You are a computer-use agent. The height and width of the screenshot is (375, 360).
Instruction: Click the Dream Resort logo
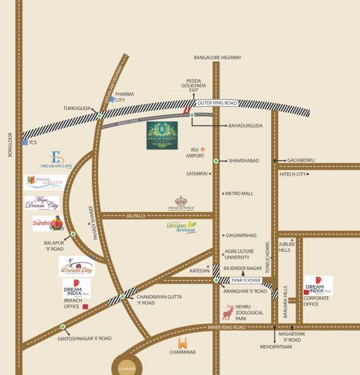click(x=162, y=136)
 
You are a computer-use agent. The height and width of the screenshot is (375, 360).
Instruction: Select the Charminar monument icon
click(x=183, y=343)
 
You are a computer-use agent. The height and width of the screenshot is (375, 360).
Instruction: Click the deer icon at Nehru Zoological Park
click(x=229, y=311)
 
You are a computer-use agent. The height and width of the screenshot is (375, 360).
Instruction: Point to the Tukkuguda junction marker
click(x=99, y=115)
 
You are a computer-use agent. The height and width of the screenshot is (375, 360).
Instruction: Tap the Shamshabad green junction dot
click(x=216, y=161)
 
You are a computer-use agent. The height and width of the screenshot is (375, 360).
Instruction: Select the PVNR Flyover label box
click(x=241, y=281)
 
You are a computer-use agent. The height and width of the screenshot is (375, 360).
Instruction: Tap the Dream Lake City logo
click(x=44, y=183)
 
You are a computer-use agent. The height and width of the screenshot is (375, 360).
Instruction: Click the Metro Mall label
click(x=239, y=194)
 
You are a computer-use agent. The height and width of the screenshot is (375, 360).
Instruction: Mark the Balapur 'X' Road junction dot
click(x=73, y=234)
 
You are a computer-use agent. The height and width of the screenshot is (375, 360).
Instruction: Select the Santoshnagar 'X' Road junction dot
click(x=62, y=327)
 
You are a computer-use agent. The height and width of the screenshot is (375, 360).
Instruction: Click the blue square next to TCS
click(x=24, y=142)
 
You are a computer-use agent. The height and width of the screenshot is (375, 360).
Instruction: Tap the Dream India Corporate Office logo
click(x=317, y=286)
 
